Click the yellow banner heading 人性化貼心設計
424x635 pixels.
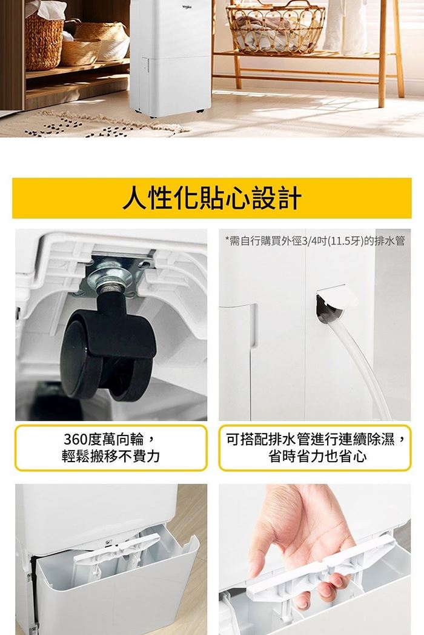212,198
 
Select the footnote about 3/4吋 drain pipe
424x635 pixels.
315,241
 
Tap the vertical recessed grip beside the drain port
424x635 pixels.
253,326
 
